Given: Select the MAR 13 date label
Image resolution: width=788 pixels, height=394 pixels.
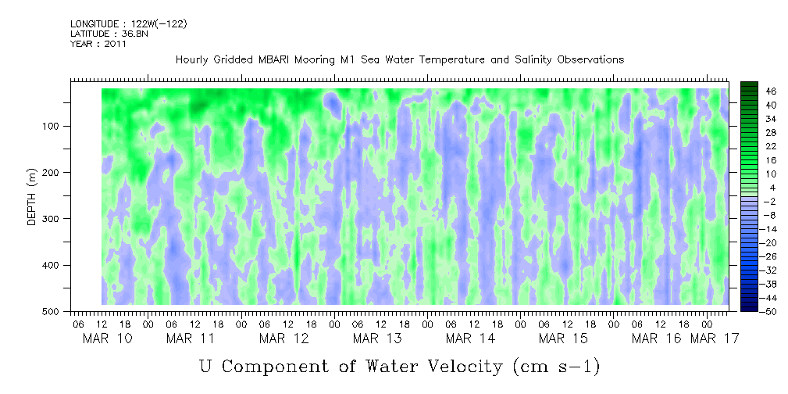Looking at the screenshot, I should [x=376, y=338].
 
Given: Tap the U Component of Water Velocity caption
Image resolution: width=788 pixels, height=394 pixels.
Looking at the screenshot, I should [x=399, y=365].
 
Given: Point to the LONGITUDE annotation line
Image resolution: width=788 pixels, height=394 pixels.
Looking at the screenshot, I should [x=128, y=24].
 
